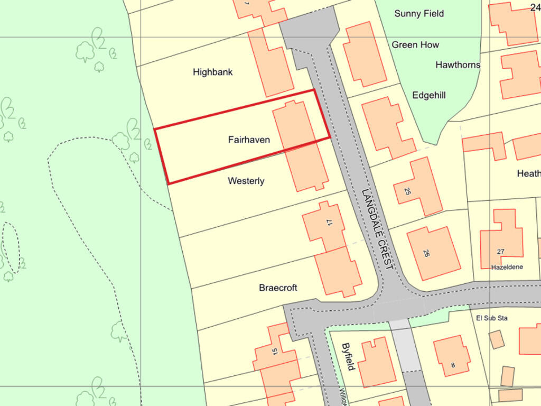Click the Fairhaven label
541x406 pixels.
click(249, 140)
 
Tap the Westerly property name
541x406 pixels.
click(246, 181)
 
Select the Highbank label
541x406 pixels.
click(212, 72)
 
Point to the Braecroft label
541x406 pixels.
click(278, 288)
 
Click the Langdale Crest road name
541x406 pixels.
click(378, 229)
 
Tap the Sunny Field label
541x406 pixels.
click(419, 14)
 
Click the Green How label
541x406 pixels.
click(415, 45)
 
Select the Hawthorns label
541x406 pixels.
click(458, 65)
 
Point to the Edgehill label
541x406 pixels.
click(429, 95)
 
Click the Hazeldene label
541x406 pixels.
click(507, 267)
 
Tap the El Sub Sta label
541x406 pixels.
click(491, 318)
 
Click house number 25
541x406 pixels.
click(407, 191)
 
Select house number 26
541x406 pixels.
click(426, 253)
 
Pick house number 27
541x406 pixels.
click(500, 252)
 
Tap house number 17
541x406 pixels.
click(330, 223)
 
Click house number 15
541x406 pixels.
click(275, 351)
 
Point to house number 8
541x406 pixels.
click(453, 365)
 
